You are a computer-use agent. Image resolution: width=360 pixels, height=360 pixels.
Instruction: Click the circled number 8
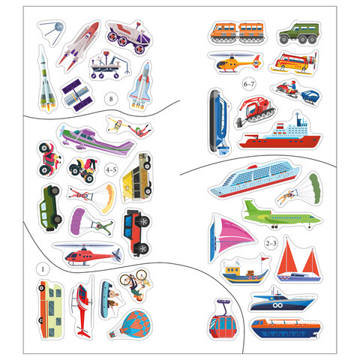tap(111, 99)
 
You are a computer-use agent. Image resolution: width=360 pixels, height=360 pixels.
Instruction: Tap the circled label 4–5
tap(111, 170)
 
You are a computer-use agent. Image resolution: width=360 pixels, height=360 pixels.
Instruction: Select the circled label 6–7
tap(249, 84)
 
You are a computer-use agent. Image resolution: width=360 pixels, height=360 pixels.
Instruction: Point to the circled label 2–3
tap(271, 243)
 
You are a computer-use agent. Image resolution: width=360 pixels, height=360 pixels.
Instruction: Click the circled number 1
tap(43, 269)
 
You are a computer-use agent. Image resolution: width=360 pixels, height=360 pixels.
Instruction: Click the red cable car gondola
tap(223, 319)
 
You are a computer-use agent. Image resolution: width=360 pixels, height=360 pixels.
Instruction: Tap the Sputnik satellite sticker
tap(52, 31)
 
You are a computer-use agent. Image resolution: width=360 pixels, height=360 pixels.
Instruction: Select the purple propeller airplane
tap(96, 140)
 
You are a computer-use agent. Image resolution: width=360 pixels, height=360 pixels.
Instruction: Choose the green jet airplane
tap(282, 216)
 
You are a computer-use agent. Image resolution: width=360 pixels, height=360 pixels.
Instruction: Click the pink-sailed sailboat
tap(230, 238)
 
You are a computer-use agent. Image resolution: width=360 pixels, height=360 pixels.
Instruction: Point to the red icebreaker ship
tap(280, 132)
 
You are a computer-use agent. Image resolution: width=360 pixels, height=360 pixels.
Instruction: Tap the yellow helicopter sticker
tap(235, 62)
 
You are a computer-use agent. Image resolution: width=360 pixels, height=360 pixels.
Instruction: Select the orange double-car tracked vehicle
tap(237, 32)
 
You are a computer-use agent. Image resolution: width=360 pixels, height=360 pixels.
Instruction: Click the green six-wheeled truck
tap(299, 33)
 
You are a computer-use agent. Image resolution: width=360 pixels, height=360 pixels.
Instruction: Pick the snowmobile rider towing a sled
tap(296, 92)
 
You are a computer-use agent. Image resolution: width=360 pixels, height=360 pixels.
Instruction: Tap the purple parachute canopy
tap(78, 221)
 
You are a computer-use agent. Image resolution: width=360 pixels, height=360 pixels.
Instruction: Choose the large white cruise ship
tap(254, 178)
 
